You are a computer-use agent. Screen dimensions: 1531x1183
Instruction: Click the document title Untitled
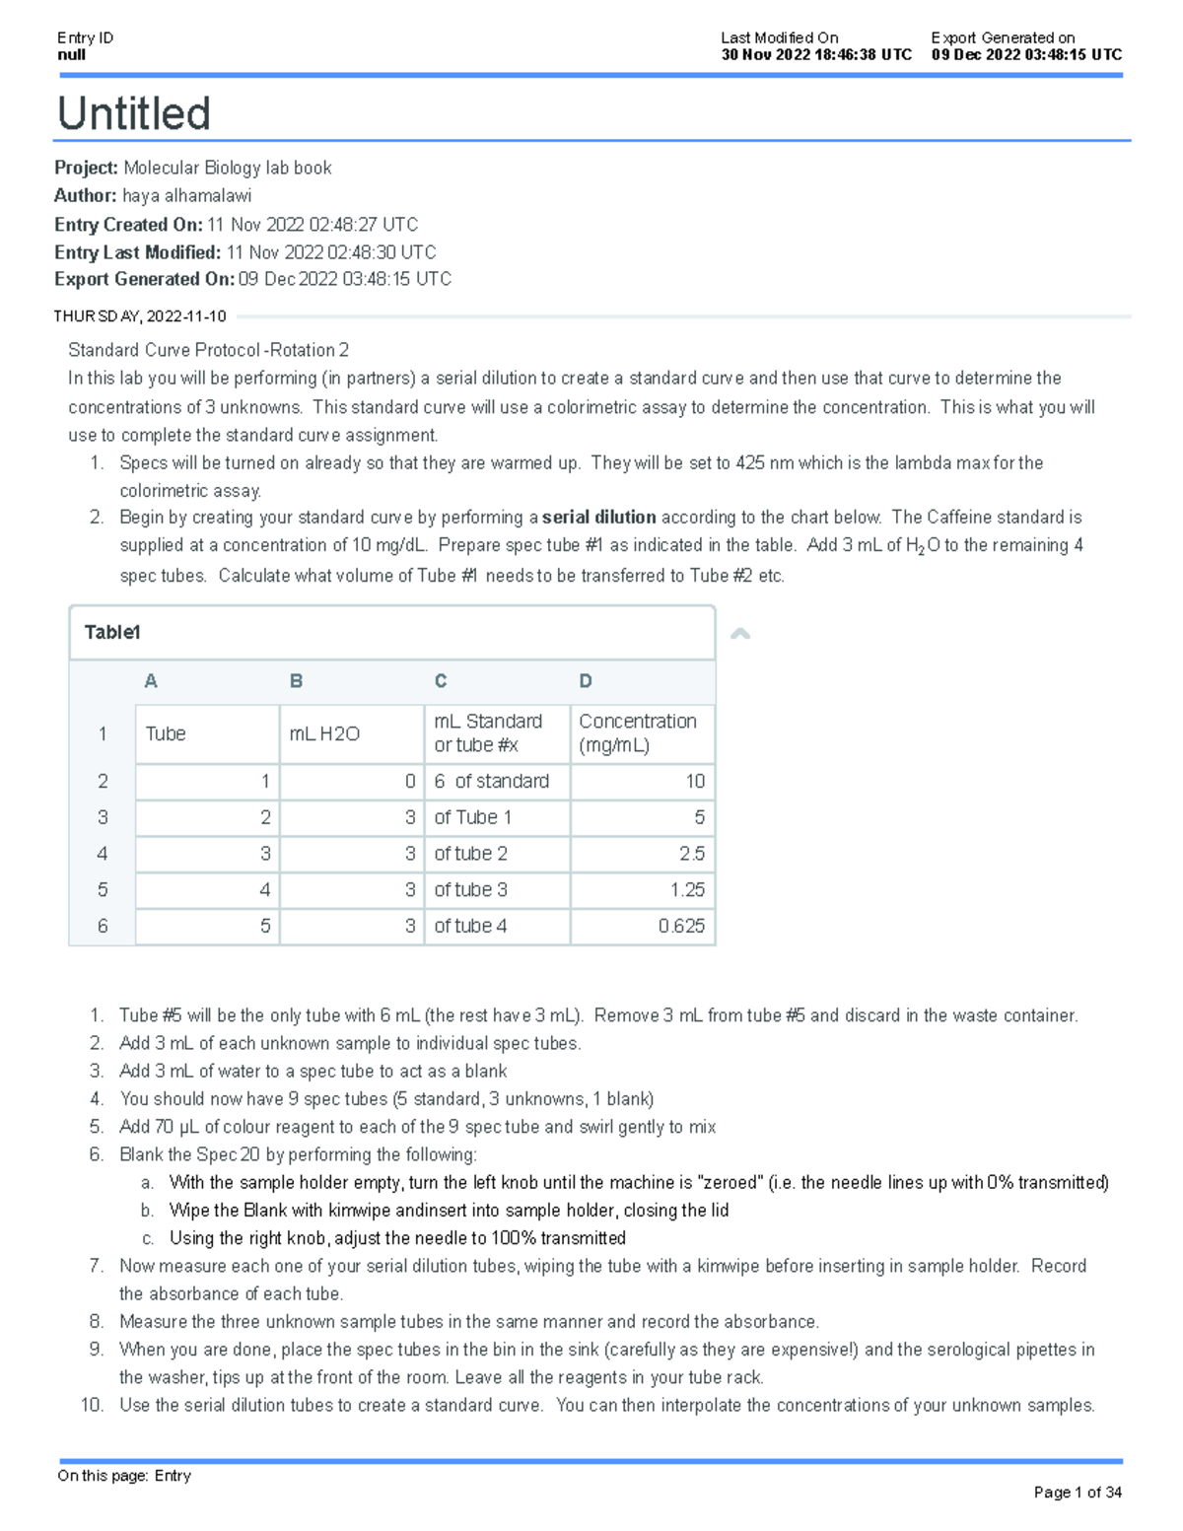click(x=134, y=113)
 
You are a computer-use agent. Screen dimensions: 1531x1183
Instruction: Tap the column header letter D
click(x=586, y=681)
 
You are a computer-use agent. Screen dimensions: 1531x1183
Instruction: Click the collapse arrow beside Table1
click(x=740, y=634)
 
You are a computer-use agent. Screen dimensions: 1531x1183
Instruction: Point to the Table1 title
click(x=112, y=633)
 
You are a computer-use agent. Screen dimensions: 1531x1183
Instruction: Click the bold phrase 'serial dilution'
click(x=598, y=518)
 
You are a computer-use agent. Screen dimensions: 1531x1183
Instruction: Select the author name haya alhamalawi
click(x=186, y=196)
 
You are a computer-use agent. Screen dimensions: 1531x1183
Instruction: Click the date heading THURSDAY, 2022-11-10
click(x=140, y=316)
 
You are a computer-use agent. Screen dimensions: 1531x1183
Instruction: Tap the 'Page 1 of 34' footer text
click(x=1077, y=1493)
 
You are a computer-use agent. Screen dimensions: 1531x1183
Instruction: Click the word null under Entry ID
click(x=71, y=55)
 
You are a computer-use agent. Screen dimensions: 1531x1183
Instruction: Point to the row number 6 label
click(x=103, y=926)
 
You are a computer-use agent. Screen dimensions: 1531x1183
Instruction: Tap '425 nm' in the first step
click(x=764, y=462)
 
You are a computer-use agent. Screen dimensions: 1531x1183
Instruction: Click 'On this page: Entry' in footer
click(x=124, y=1476)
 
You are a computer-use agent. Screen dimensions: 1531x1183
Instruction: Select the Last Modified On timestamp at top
click(x=816, y=55)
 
